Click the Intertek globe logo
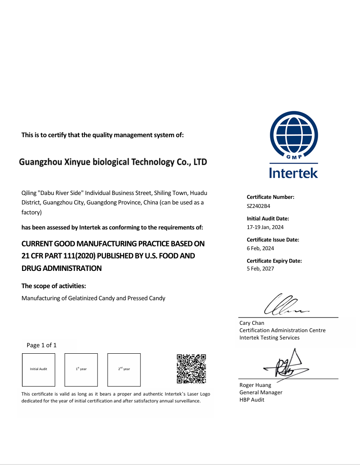294,135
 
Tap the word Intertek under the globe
294,173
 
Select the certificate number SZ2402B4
258,206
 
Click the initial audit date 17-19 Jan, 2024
265,227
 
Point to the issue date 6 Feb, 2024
260,248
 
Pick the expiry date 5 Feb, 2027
260,269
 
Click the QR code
191,369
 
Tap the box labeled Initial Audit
38,370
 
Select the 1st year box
81,370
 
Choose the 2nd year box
124,370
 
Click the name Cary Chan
252,323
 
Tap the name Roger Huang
255,385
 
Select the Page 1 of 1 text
41,345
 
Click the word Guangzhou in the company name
41,163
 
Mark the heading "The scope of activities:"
53,286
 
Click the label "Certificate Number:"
270,197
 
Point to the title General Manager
261,393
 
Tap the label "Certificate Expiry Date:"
274,261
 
